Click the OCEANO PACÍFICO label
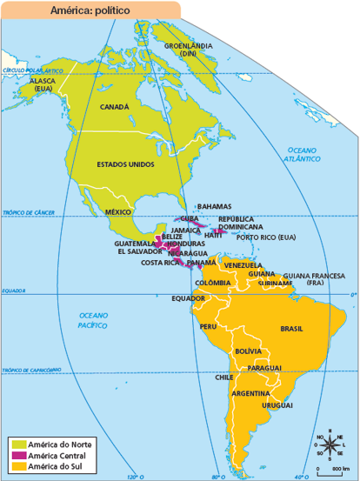point(92,319)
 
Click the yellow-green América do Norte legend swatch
point(17,444)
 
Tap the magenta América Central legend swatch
point(17,455)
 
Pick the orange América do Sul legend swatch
point(17,467)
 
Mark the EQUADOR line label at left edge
point(13,291)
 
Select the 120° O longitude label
point(133,477)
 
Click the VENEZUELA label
point(242,265)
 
